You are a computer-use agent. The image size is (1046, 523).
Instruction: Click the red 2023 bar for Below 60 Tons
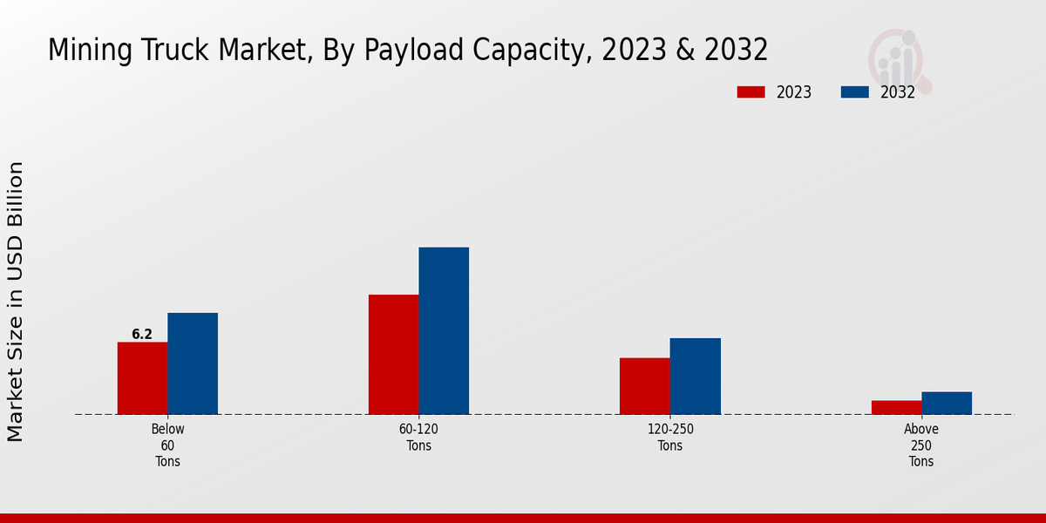coord(142,378)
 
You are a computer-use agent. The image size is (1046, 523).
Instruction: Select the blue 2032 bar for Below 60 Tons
coord(193,363)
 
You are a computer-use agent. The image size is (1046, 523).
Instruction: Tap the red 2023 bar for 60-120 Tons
coord(393,355)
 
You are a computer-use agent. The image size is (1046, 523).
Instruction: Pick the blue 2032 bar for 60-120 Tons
coord(444,331)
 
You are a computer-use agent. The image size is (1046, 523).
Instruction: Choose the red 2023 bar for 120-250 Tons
coord(645,386)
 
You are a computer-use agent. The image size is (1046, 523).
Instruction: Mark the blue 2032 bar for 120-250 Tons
coord(696,377)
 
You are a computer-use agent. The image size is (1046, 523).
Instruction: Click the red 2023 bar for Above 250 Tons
coord(896,407)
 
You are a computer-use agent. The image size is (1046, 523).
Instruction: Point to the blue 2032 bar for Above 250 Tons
coord(947,403)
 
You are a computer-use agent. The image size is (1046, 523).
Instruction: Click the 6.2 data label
coord(142,335)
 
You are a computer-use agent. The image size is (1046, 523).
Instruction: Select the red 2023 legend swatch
coord(751,92)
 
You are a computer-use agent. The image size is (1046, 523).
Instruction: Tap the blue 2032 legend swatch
coord(854,92)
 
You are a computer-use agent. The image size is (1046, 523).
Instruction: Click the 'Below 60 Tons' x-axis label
coord(167,445)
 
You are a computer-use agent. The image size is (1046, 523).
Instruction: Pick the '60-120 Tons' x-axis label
coord(418,438)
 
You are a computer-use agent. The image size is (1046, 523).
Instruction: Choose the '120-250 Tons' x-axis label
coord(670,438)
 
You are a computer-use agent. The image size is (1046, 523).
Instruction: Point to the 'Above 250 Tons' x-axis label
coord(921,445)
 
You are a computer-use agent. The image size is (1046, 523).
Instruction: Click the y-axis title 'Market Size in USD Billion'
coord(16,301)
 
